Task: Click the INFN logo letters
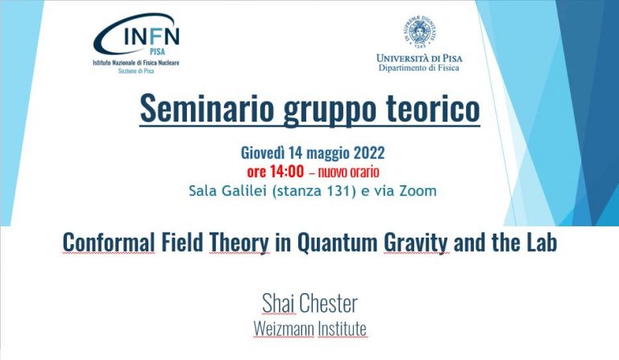pyautogui.click(x=152, y=37)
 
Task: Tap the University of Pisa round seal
pyautogui.click(x=419, y=31)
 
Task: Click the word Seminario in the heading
pyautogui.click(x=207, y=109)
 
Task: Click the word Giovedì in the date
pyautogui.click(x=263, y=152)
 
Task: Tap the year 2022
pyautogui.click(x=368, y=152)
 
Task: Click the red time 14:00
pyautogui.click(x=287, y=172)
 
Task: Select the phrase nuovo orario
pyautogui.click(x=348, y=172)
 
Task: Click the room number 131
pyautogui.click(x=339, y=191)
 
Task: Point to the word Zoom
pyautogui.click(x=418, y=191)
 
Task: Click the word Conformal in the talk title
pyautogui.click(x=109, y=242)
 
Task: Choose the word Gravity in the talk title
pyautogui.click(x=416, y=243)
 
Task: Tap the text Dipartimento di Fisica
pyautogui.click(x=419, y=68)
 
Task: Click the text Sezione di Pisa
pyautogui.click(x=136, y=71)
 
